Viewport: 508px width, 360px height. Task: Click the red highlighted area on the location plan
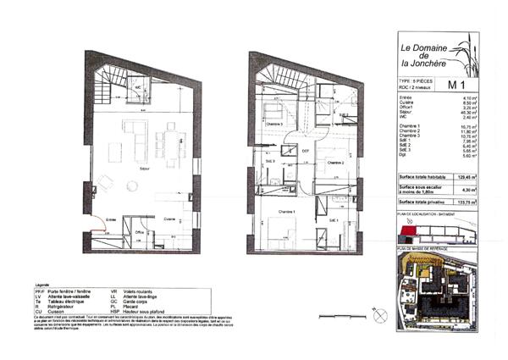(x=411, y=230)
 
